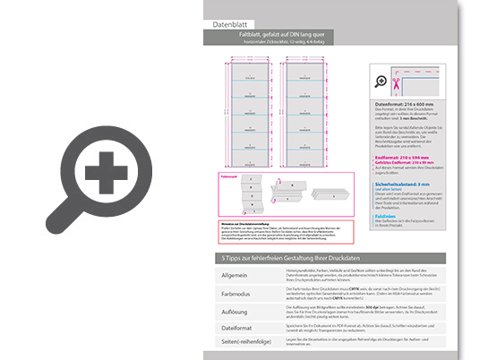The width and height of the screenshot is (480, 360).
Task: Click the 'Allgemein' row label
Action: click(x=234, y=275)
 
